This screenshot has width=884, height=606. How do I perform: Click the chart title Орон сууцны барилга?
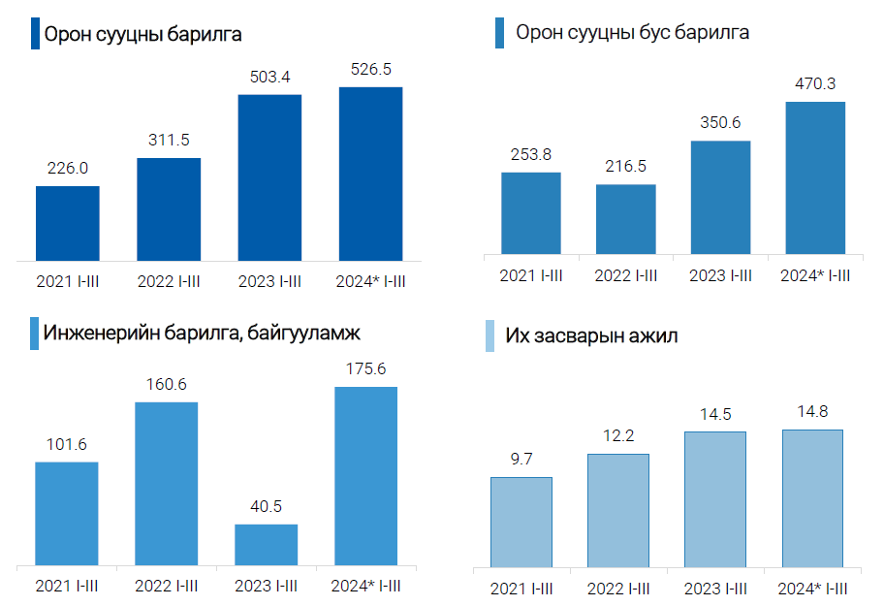(x=142, y=34)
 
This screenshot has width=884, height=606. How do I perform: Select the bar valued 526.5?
(x=370, y=174)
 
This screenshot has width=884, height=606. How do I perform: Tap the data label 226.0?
(x=68, y=168)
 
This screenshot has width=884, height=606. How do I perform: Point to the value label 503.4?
(x=269, y=77)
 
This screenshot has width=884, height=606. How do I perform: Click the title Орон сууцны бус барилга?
(x=632, y=32)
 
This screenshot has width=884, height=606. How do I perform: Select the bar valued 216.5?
(x=625, y=219)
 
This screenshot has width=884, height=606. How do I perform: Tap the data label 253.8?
(x=531, y=154)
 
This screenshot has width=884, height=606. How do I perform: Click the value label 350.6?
(x=720, y=123)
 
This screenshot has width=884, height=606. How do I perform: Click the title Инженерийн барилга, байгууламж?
(x=202, y=335)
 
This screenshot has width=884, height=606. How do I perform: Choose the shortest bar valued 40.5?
(x=266, y=544)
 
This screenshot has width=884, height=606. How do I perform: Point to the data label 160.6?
(x=166, y=384)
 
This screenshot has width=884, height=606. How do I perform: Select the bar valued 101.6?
(x=66, y=513)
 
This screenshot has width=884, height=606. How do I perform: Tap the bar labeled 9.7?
(x=521, y=522)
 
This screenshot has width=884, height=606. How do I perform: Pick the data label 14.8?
(x=812, y=412)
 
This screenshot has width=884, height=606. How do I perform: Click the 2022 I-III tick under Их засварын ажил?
(x=617, y=589)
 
